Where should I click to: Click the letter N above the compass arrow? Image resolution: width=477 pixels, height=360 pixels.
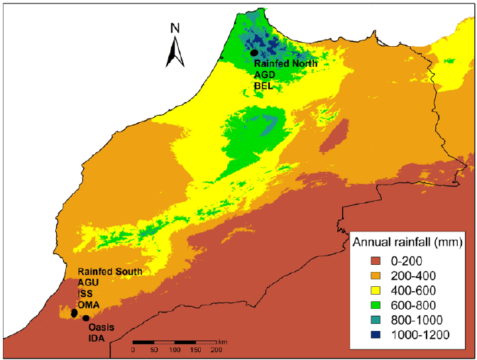click(175, 28)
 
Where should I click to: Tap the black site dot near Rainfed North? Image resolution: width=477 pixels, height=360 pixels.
click(253, 53)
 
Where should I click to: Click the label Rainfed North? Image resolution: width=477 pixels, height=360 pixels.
click(286, 64)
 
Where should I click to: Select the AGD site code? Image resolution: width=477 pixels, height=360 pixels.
click(265, 75)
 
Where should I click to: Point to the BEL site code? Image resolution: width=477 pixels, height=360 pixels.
click(264, 86)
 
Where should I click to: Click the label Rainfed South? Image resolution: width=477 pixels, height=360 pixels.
click(110, 272)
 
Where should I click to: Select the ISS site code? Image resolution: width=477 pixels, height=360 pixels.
click(86, 294)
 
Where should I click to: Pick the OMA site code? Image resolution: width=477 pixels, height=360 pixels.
click(89, 305)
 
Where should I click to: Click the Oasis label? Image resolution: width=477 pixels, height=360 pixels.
click(102, 328)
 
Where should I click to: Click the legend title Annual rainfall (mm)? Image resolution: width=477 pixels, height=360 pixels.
click(407, 243)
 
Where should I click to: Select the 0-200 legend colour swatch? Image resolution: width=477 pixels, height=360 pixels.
click(373, 261)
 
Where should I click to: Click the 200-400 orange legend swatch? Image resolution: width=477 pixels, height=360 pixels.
click(373, 276)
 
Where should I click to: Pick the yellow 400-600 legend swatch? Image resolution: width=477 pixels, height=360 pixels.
click(373, 290)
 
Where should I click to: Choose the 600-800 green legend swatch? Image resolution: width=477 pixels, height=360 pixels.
click(373, 305)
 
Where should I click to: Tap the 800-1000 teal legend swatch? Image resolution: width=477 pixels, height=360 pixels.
click(373, 320)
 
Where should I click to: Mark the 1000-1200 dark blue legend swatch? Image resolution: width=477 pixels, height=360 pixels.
click(373, 335)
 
